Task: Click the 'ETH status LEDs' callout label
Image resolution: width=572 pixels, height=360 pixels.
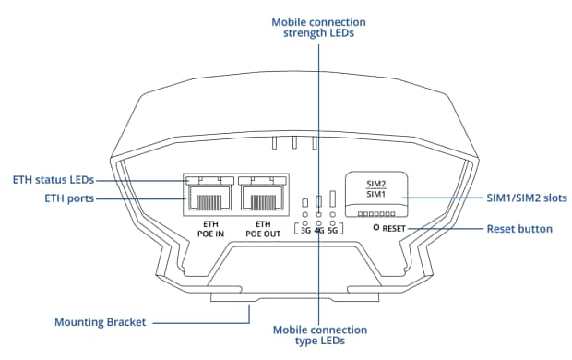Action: coord(54,180)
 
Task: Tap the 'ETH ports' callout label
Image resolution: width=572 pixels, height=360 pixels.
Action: coord(69,198)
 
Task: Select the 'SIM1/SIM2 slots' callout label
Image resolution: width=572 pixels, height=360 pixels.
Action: coord(527,198)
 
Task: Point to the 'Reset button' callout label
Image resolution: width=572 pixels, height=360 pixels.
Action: coord(519,229)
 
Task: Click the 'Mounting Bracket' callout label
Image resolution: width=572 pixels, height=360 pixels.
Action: coord(100,322)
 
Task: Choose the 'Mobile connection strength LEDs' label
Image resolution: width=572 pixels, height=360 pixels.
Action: coord(318,28)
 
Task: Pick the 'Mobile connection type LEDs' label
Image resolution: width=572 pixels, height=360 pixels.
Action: coord(320,335)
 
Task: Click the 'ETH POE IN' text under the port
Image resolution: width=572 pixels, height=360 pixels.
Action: coord(210,229)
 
